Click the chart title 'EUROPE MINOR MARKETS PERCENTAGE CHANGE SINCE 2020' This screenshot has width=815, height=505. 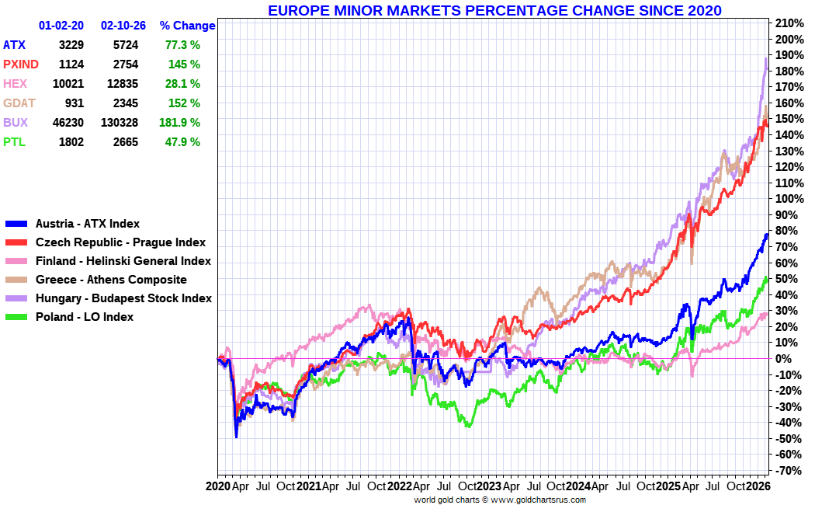click(494, 10)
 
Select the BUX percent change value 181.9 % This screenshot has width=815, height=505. click(179, 123)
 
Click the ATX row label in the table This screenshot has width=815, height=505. click(15, 45)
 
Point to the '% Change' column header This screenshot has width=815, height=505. click(187, 26)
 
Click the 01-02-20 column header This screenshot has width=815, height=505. click(61, 26)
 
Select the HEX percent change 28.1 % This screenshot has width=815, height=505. click(182, 84)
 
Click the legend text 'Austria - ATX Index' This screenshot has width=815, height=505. click(88, 224)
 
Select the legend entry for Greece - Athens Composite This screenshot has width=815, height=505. click(111, 280)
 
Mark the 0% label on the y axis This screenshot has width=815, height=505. click(783, 359)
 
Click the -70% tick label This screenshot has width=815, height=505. click(788, 471)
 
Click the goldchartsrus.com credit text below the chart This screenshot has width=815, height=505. click(499, 500)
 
